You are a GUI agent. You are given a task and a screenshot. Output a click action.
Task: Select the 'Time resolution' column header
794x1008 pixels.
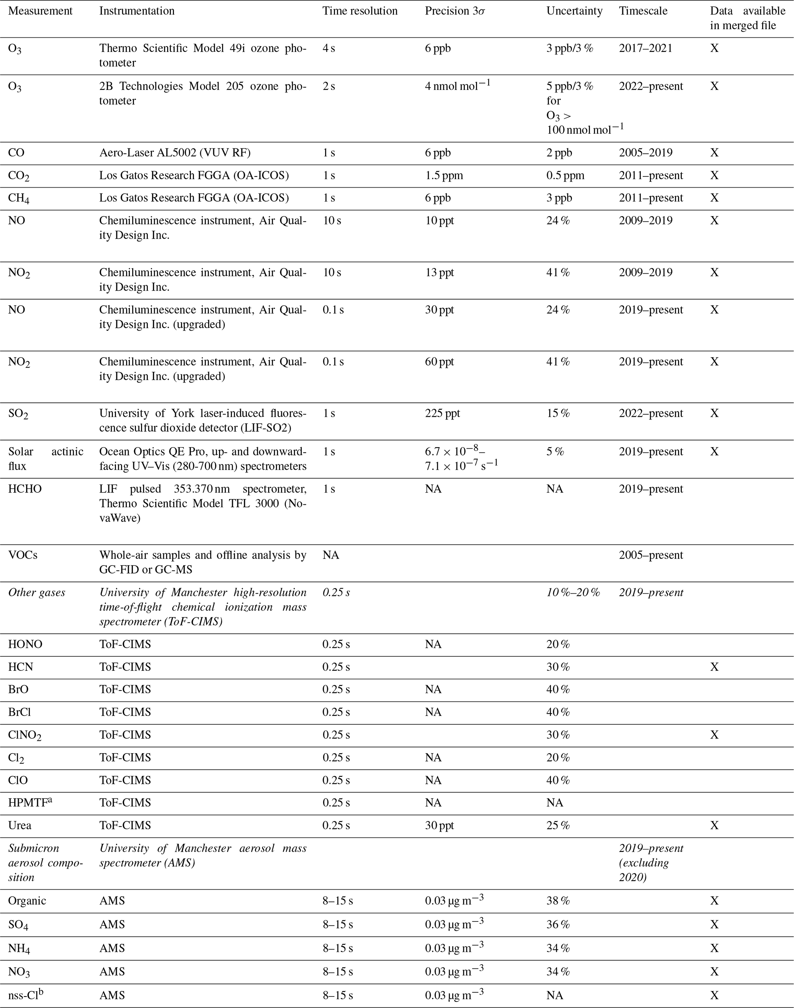360,11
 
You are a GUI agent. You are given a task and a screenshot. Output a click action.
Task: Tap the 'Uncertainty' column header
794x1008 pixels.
574,11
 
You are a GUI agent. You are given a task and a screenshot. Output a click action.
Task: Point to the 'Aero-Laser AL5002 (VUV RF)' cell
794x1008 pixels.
174,153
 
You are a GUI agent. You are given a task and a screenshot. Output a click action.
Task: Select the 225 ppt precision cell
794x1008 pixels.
442,414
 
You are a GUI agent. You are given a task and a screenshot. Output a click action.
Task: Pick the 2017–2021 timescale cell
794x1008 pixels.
645,48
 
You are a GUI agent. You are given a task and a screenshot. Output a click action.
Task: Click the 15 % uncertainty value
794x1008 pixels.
558,414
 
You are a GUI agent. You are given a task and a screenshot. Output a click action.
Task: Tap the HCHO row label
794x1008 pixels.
25,489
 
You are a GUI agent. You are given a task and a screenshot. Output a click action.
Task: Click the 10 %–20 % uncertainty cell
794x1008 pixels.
573,592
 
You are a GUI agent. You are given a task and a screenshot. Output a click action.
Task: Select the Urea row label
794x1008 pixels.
20,826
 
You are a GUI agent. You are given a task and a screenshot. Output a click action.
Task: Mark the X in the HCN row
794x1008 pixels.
714,667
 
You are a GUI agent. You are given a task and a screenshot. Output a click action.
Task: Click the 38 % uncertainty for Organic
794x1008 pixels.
558,901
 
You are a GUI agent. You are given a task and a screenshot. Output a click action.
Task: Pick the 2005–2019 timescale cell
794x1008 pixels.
645,153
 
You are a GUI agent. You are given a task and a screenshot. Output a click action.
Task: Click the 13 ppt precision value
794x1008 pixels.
439,273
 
